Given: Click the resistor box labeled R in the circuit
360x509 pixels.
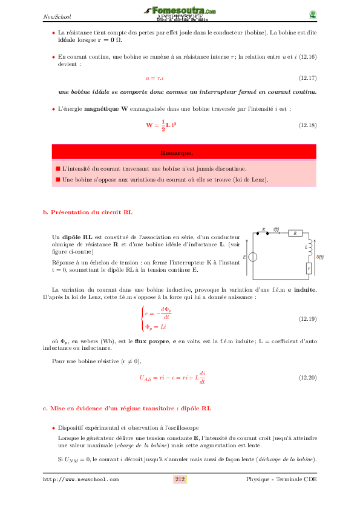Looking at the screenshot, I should point(295,232).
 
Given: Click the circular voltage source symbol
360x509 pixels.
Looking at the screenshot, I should point(252,257).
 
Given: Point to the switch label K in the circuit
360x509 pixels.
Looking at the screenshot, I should point(264,230).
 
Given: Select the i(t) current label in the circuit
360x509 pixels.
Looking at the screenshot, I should point(277,229).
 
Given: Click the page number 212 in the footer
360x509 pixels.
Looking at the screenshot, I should point(180,479).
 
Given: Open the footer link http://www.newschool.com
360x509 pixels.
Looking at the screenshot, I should point(80,480).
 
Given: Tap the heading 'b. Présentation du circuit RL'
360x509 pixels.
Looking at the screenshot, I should point(88,212).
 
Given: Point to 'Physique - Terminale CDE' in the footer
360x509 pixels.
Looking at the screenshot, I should point(281,479).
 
